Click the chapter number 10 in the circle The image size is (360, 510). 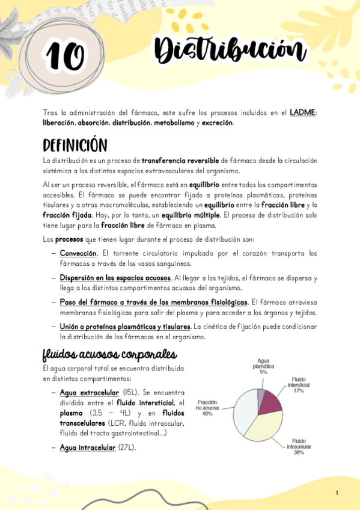tap(64, 58)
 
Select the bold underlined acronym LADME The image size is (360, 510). tap(302, 112)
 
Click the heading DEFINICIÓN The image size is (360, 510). tap(75, 146)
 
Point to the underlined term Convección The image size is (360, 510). tap(79, 253)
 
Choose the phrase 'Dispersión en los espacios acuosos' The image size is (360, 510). tap(115, 278)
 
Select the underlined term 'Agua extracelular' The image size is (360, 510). tap(90, 393)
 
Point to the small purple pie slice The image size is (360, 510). tap(261, 394)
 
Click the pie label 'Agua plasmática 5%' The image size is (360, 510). tap(263, 366)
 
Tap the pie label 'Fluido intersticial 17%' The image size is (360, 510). tap(298, 385)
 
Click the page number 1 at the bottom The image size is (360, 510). tap(337, 493)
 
